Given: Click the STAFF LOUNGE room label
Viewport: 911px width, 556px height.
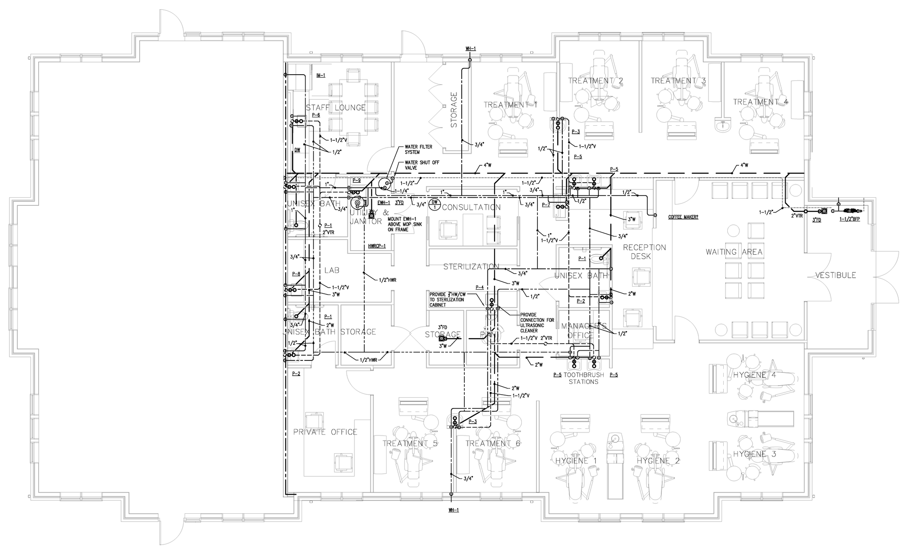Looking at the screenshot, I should (x=336, y=108).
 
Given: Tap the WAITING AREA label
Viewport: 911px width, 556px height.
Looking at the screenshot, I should (x=734, y=252).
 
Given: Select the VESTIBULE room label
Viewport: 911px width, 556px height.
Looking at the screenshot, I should (x=835, y=275).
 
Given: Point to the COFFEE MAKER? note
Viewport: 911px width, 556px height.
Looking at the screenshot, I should (x=683, y=217).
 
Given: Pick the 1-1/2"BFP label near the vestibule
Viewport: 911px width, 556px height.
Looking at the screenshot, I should (x=850, y=219).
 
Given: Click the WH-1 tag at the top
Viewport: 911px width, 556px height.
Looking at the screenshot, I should (x=471, y=48).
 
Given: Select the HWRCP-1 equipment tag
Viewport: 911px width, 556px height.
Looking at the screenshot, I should (x=377, y=246).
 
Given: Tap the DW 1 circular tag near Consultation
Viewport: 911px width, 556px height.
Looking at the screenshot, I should (x=435, y=204).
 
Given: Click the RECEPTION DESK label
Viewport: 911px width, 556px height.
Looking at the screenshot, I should (x=644, y=252).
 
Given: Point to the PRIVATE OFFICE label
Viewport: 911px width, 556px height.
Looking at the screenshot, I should (x=325, y=432).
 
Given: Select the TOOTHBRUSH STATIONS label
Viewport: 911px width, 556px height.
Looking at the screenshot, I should (x=584, y=378).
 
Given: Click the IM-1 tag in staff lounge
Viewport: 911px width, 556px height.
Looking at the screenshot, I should (x=321, y=76).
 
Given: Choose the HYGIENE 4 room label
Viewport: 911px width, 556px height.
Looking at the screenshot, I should (x=754, y=375).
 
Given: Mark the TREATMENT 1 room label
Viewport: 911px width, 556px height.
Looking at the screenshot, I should (x=510, y=104).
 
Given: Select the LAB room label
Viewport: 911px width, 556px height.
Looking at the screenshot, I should (x=332, y=270).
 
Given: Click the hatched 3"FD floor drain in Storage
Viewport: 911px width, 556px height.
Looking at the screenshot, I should (x=442, y=339).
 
